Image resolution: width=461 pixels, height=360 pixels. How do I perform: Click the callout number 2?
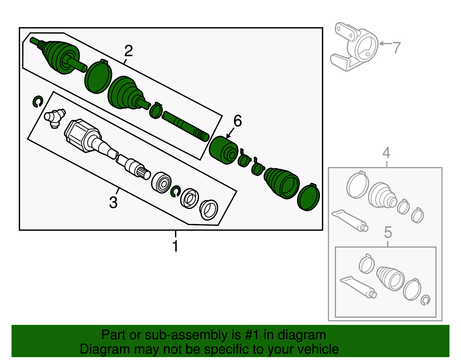coord(129,51)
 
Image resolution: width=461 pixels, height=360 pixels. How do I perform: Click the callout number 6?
coord(237,121)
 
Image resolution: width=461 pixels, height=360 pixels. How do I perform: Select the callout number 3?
coord(113,202)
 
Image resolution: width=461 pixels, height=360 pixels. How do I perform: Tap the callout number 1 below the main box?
coord(175,246)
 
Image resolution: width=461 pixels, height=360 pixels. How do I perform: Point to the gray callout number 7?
coord(397,48)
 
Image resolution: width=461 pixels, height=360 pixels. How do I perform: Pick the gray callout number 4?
coord(386,152)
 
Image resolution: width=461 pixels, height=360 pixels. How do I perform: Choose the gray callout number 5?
coord(388,232)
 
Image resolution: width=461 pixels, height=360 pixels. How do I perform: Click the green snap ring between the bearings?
coord(175,191)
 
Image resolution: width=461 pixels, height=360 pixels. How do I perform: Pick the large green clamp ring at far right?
coord(309,197)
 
